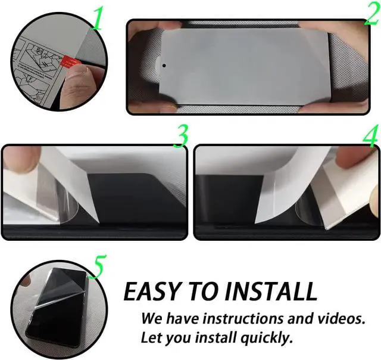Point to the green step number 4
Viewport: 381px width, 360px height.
pyautogui.click(x=370, y=136)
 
